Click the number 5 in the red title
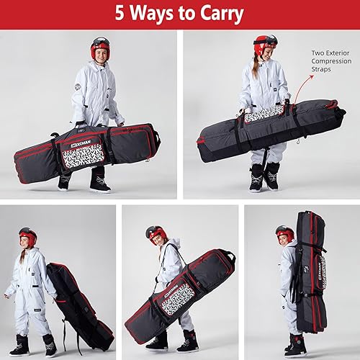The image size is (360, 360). (x=120, y=14)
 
